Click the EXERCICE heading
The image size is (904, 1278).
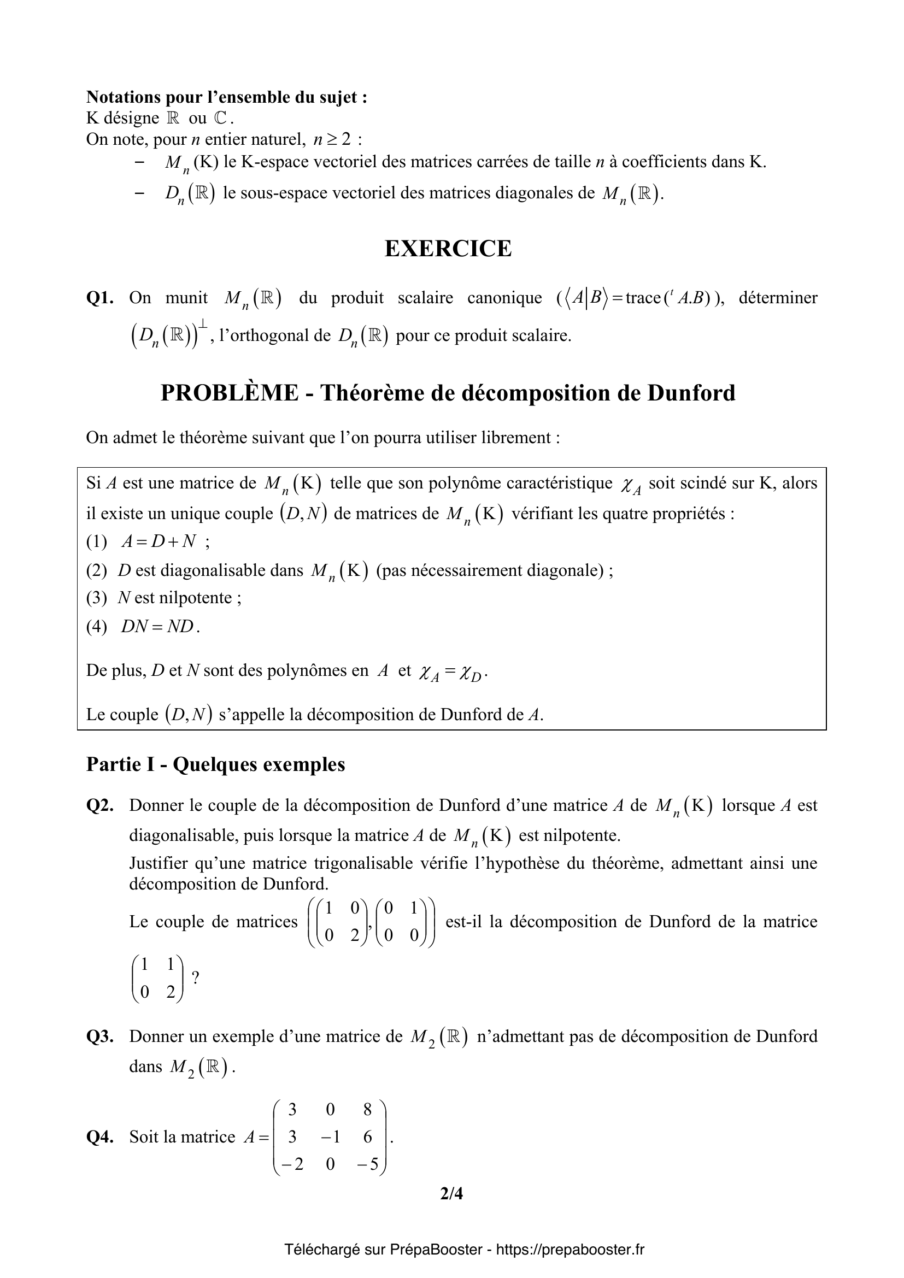[448, 249]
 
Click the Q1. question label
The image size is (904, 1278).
[100, 298]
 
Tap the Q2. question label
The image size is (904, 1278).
[100, 805]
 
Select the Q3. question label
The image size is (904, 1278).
[100, 1036]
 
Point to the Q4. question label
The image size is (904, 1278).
[100, 1136]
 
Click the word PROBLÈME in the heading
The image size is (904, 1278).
[230, 393]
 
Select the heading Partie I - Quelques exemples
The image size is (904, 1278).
[215, 764]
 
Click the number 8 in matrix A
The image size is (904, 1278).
[367, 1110]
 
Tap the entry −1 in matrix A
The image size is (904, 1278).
[330, 1136]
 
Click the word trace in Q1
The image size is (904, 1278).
[642, 298]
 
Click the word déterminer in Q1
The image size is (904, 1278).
[778, 298]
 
